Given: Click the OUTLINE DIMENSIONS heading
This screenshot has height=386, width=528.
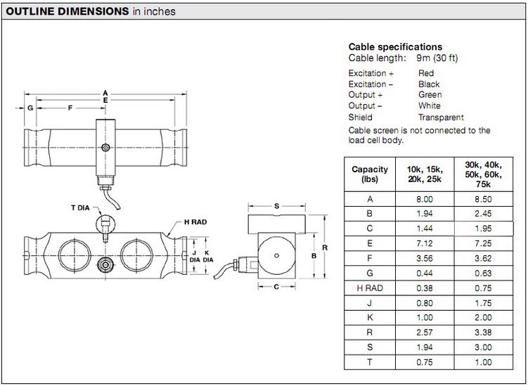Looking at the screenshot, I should (67, 11).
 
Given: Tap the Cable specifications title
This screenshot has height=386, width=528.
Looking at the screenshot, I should (395, 47).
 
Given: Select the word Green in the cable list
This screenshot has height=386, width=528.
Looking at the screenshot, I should (430, 95).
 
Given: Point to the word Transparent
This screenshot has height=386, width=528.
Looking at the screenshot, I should (441, 117).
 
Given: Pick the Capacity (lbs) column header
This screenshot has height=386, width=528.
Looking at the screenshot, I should (370, 174).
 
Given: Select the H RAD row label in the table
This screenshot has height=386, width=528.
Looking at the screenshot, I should (370, 288).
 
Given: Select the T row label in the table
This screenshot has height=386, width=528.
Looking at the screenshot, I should (370, 363).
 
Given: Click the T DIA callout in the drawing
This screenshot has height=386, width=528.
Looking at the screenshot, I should (82, 207).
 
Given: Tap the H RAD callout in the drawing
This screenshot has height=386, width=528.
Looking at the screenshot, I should (196, 221).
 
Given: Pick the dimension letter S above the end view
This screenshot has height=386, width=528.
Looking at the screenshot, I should (277, 206).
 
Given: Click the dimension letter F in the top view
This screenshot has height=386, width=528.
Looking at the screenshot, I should (70, 108).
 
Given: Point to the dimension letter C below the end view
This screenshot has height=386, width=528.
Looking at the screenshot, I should (276, 287).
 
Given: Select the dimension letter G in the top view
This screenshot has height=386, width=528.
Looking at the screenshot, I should (30, 108).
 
